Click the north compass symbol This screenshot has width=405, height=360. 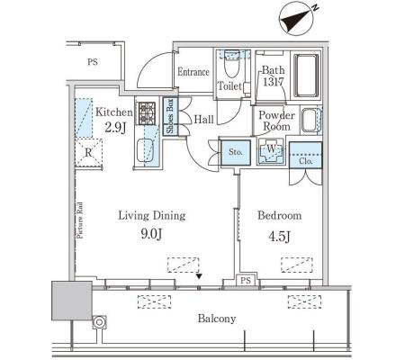click(x=297, y=19)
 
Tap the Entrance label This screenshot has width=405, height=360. click(x=193, y=72)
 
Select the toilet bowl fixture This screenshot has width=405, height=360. click(x=231, y=64)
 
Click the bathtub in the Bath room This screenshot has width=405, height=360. click(x=306, y=76)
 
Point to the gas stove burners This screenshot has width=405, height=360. click(x=147, y=113)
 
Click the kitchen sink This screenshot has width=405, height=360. click(x=146, y=149)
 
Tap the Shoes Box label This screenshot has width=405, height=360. click(x=170, y=116)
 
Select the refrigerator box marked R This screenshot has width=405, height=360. click(x=89, y=153)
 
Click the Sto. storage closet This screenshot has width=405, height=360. click(x=236, y=152)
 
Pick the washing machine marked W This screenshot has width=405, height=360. click(x=271, y=150)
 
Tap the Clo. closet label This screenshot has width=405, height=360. click(x=306, y=161)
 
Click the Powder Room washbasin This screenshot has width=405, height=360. click(x=310, y=121)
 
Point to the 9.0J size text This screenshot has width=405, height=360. click(x=152, y=234)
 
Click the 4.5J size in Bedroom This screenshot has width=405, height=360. click(x=279, y=237)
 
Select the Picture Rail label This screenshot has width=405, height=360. click(x=80, y=220)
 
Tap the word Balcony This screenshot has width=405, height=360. click(x=217, y=319)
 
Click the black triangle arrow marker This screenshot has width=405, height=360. click(x=199, y=276)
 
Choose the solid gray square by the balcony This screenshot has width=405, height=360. click(x=72, y=301)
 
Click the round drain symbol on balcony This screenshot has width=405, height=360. click(x=99, y=322)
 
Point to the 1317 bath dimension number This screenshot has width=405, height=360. click(x=274, y=82)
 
